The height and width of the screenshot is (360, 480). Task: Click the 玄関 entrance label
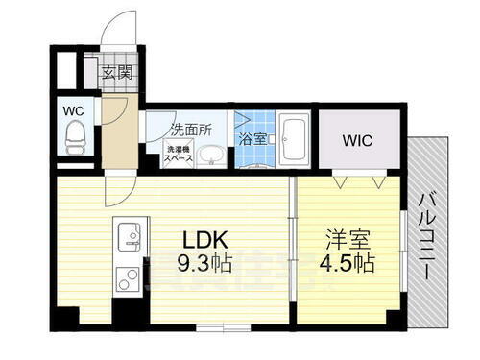(x=118, y=73)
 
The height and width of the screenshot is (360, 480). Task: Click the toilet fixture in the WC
(x=73, y=140)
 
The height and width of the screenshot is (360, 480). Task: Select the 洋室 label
(x=345, y=236)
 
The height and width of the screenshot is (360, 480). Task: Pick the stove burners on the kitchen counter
(x=128, y=279)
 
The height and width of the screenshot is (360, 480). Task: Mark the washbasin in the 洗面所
(x=210, y=156)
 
